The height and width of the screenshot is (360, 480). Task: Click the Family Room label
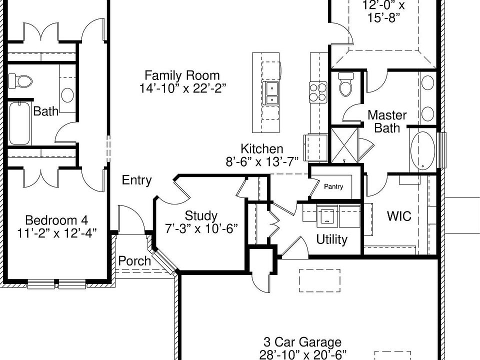click(182, 75)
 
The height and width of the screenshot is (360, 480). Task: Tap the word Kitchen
click(261, 148)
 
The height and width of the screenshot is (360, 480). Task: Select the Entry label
click(136, 180)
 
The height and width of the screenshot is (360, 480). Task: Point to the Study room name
click(201, 216)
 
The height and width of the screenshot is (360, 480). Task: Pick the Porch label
click(134, 260)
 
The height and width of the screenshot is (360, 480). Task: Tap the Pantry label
click(333, 186)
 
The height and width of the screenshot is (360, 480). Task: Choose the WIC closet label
click(399, 216)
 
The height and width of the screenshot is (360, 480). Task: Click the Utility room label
click(331, 239)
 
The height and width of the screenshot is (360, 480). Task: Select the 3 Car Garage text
click(302, 342)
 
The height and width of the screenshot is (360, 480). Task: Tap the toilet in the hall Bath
click(20, 80)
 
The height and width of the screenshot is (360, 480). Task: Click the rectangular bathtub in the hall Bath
click(20, 123)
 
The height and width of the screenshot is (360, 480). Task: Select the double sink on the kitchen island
click(271, 94)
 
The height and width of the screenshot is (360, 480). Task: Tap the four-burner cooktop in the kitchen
click(318, 92)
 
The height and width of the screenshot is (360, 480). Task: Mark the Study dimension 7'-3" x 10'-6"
click(201, 228)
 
